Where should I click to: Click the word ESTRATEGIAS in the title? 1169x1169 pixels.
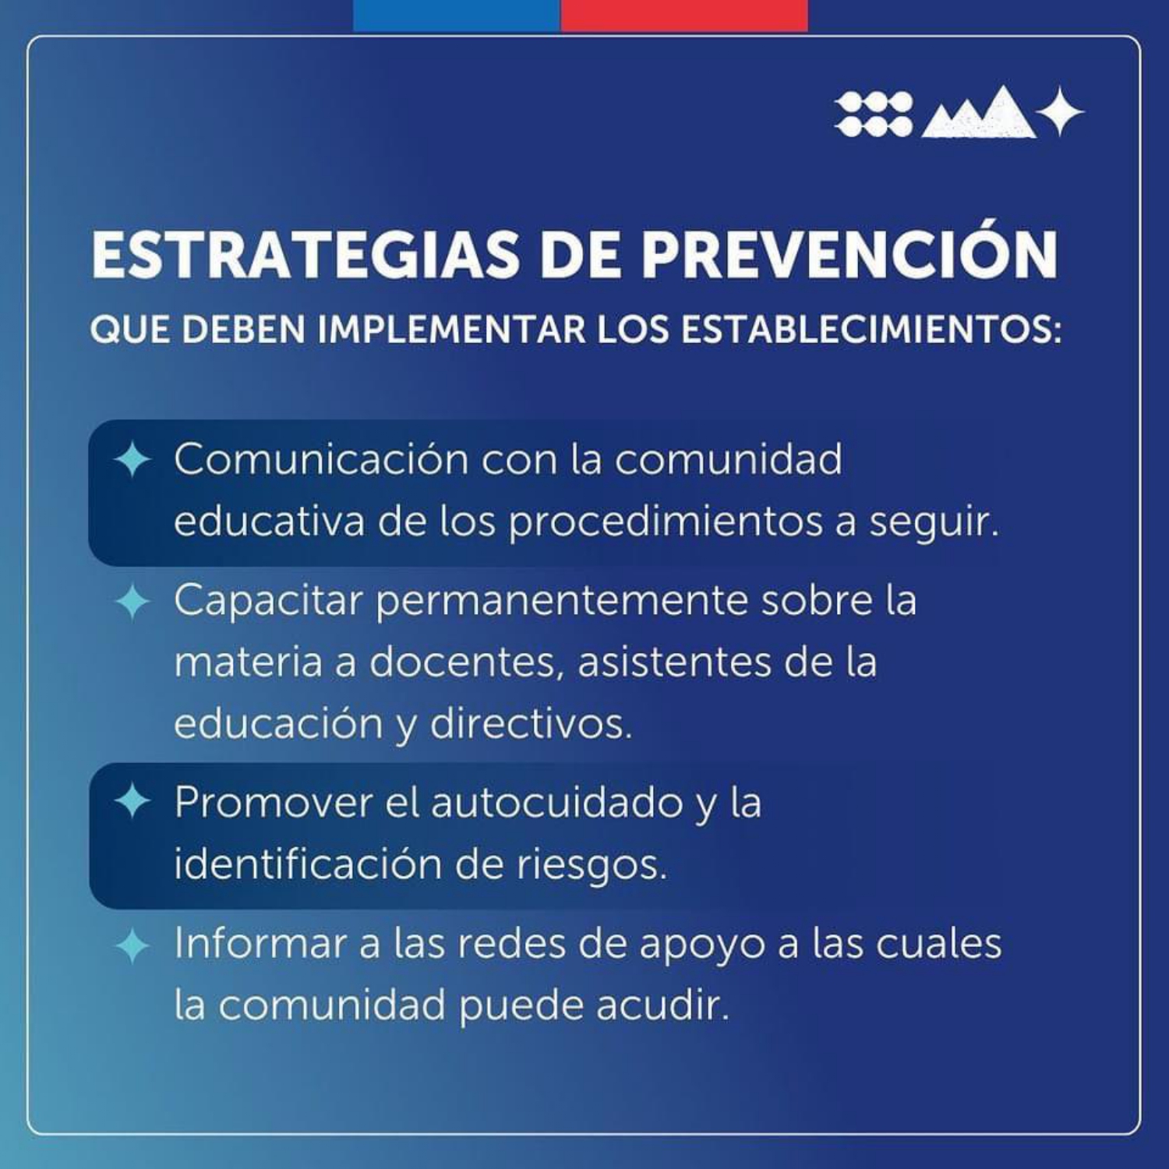305,255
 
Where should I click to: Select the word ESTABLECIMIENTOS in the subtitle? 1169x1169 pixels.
871,330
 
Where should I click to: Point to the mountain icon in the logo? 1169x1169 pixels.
979,113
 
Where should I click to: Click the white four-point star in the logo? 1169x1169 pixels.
1061,111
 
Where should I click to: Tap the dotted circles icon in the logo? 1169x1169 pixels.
874,114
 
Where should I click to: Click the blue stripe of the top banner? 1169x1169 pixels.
457,15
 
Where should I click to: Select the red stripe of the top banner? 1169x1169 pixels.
684,15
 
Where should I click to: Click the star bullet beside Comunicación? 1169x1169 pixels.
132,460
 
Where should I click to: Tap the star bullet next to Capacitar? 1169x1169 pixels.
132,602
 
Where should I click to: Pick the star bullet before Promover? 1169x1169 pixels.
132,802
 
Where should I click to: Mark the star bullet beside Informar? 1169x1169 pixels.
132,945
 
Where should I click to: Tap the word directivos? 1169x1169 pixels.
531,723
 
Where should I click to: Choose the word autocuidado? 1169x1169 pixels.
556,802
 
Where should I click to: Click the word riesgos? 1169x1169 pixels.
592,866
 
